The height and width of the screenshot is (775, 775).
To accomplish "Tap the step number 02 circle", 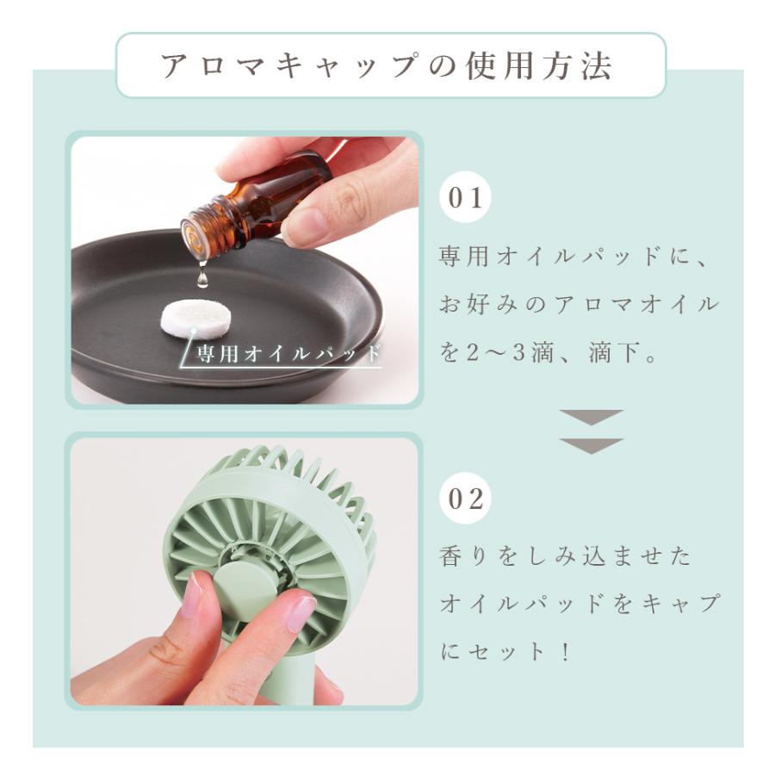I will click(466, 499).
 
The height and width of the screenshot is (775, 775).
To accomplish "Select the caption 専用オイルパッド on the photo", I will click(288, 354).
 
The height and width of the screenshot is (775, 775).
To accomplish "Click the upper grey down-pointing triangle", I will click(591, 418).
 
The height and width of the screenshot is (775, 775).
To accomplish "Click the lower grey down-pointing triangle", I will click(591, 445).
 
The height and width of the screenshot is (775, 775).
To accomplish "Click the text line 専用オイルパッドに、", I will click(567, 257).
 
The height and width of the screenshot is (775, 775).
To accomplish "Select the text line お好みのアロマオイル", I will click(578, 305).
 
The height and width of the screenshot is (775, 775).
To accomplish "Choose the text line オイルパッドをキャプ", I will click(578, 604).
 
